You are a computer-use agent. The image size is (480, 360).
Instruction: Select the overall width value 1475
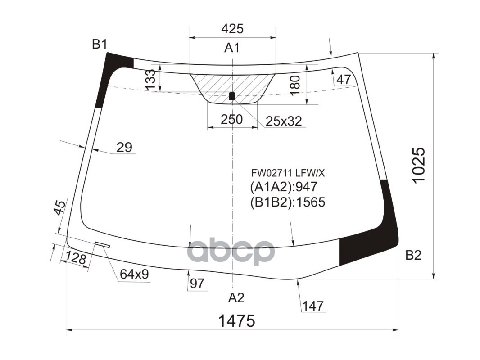pos(236,321)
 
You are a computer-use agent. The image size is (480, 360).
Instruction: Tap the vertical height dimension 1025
pos(418,165)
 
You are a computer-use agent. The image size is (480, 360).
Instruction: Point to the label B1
pos(100,44)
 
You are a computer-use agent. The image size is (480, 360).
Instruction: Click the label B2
pos(413,256)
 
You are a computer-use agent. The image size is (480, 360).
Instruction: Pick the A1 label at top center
pos(232,48)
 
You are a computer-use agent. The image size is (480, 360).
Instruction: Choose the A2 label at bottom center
pos(235,297)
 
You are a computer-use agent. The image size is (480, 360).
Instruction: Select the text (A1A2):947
pos(284,187)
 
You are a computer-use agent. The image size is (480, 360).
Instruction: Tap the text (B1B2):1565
pos(287,202)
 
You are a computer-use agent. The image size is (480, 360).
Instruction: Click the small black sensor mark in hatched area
pos(232,96)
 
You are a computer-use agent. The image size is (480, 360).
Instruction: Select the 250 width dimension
pos(232,119)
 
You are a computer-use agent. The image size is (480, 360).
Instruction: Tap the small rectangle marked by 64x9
pos(103,245)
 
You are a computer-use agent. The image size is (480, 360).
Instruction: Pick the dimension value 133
pos(151,79)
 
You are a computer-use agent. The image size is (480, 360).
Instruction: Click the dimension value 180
pos(294,85)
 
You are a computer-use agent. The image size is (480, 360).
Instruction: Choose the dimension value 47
pos(344,80)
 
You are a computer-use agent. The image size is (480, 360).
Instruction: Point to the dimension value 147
pos(313,306)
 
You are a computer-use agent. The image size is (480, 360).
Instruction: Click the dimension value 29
pos(124,147)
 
